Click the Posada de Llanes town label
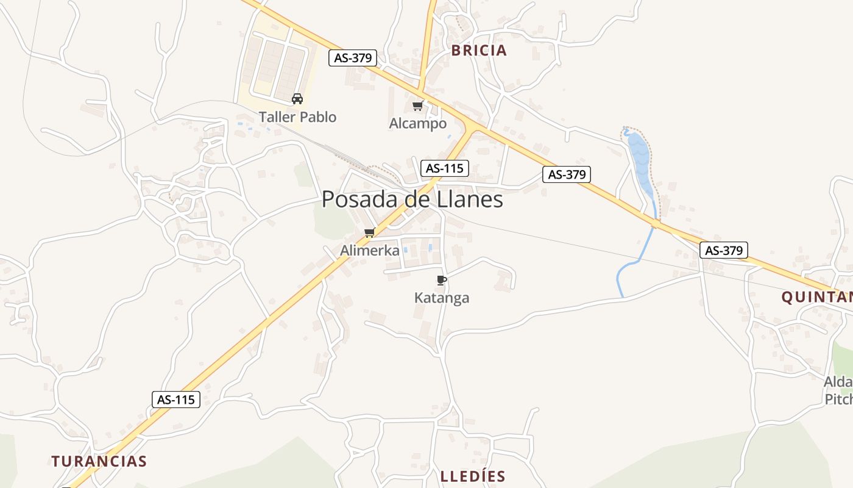pyautogui.click(x=412, y=199)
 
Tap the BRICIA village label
pyautogui.click(x=479, y=51)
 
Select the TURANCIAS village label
pyautogui.click(x=99, y=461)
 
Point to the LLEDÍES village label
pyautogui.click(x=473, y=476)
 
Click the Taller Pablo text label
pyautogui.click(x=297, y=117)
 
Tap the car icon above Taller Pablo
pyautogui.click(x=297, y=99)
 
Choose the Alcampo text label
pyautogui.click(x=418, y=124)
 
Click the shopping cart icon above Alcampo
pyautogui.click(x=418, y=106)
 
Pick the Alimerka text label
pyautogui.click(x=370, y=251)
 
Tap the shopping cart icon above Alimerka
pyautogui.click(x=369, y=232)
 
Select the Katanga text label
pyautogui.click(x=442, y=298)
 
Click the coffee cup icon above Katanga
pyautogui.click(x=442, y=280)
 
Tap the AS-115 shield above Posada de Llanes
pyautogui.click(x=444, y=168)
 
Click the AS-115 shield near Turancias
pyautogui.click(x=175, y=400)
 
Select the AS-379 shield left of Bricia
pyautogui.click(x=353, y=58)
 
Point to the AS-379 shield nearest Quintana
pyautogui.click(x=723, y=250)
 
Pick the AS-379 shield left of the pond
pyautogui.click(x=567, y=174)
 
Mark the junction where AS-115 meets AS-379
pyautogui.click(x=471, y=126)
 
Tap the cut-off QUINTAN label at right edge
pyautogui.click(x=816, y=298)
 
